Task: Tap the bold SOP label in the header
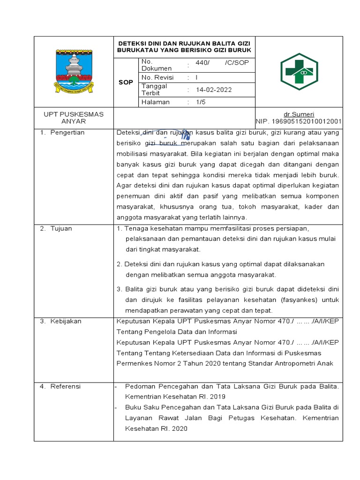pyautogui.click(x=126, y=82)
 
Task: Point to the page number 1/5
pyautogui.click(x=201, y=102)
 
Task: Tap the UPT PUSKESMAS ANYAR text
pyautogui.click(x=74, y=118)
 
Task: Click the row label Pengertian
pyautogui.click(x=67, y=133)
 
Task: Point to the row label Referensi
pyautogui.click(x=66, y=386)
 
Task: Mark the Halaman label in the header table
pyautogui.click(x=155, y=102)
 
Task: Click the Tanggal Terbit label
pyautogui.click(x=154, y=90)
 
